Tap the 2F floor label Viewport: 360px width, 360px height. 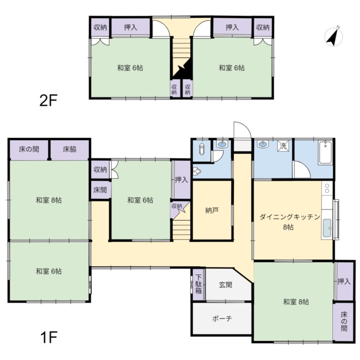48,100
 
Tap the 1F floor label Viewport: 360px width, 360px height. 48,337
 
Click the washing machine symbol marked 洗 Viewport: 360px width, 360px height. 283,146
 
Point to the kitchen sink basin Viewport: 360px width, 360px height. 327,228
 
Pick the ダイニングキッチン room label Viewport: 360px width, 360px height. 290,217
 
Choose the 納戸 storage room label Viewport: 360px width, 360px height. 211,210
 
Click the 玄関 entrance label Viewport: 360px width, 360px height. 226,285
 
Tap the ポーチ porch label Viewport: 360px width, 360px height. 222,319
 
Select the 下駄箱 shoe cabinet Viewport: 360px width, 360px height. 199,285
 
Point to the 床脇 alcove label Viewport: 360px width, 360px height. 70,150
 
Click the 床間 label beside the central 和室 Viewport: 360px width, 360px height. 100,190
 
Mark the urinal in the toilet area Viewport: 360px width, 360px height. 197,171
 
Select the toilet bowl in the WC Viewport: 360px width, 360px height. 201,149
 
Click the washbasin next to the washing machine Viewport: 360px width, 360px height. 263,144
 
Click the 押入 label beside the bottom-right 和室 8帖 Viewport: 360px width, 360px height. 344,281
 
